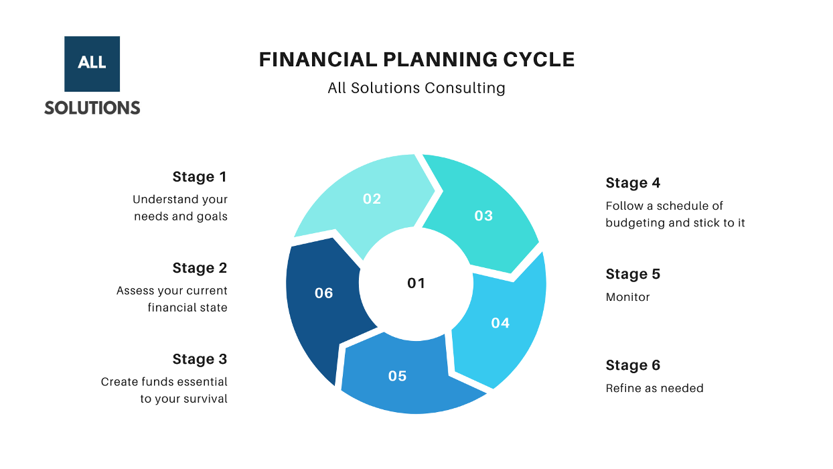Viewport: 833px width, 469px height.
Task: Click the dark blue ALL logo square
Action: [92, 64]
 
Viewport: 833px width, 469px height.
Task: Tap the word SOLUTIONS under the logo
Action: [92, 108]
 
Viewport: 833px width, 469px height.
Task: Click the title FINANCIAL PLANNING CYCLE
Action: [416, 60]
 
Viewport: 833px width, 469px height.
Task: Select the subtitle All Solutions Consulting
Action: [416, 88]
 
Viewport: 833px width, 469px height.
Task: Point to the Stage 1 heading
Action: [200, 177]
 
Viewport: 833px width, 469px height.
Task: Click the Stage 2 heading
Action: [200, 268]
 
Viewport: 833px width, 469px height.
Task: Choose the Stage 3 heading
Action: [200, 359]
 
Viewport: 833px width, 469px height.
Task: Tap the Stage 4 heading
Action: [633, 183]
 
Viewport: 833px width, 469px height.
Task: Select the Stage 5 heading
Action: [633, 274]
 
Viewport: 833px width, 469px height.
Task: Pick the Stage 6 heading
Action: [633, 365]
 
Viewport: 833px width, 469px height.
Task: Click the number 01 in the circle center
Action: [416, 283]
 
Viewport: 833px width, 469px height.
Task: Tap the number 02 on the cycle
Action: [372, 199]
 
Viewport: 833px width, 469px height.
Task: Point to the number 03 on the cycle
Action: [483, 216]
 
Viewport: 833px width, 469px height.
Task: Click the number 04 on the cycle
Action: [500, 323]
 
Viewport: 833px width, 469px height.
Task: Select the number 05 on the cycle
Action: [397, 376]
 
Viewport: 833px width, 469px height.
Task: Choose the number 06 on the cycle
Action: [324, 293]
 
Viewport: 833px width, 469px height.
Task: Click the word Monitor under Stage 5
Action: [627, 297]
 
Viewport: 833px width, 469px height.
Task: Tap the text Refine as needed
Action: [654, 388]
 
